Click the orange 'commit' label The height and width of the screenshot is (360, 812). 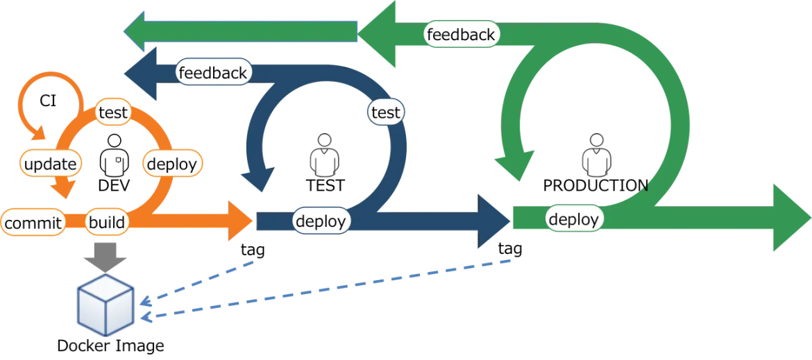[33, 223]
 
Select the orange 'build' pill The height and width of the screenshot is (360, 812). [107, 223]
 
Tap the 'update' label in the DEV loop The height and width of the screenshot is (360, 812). [51, 164]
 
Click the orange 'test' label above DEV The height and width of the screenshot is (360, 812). [113, 113]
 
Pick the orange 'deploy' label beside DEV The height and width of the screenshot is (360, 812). [172, 164]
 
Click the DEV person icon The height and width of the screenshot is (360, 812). [113, 155]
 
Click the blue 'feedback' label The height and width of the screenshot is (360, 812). [213, 72]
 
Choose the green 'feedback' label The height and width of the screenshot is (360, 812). [461, 35]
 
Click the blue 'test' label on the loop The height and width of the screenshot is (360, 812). [387, 112]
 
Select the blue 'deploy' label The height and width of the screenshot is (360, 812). [321, 221]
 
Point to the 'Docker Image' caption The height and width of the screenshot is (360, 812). [111, 345]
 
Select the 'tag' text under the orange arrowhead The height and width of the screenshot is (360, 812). [253, 250]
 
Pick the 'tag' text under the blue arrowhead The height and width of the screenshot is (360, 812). [510, 249]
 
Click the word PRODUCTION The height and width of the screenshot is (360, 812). [595, 185]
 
